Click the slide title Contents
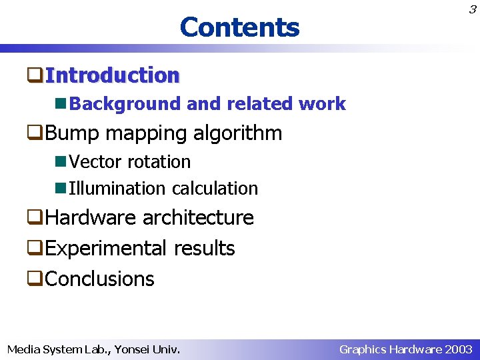pos(239,27)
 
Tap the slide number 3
pos(472,9)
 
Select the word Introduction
pos(113,75)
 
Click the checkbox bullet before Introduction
pos(35,75)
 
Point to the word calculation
pos(215,189)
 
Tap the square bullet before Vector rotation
pos(61,162)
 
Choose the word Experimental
pos(107,249)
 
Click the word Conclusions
pos(99,279)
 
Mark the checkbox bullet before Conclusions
pos(35,279)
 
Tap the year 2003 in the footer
pos(458,349)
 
